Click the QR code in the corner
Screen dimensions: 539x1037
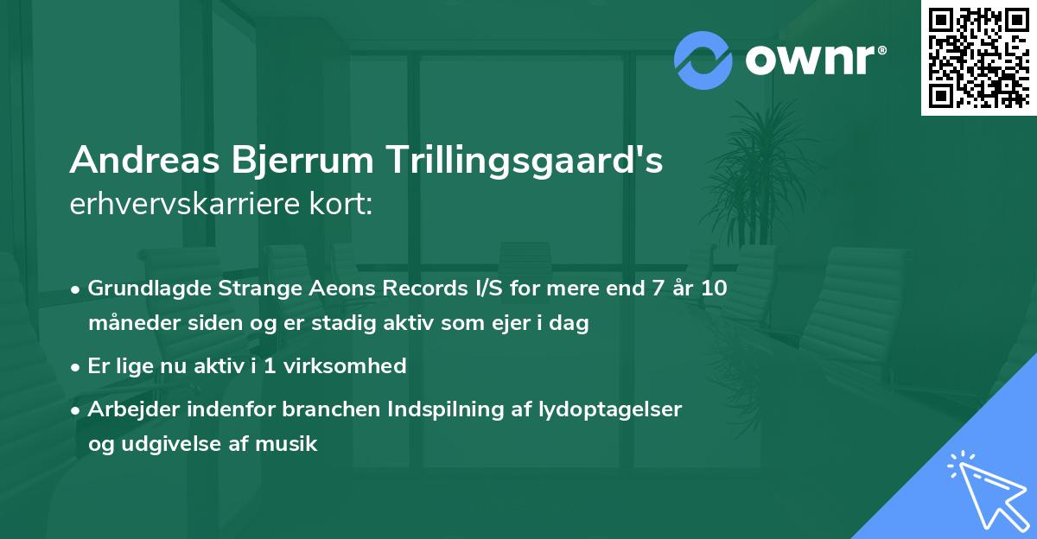pyautogui.click(x=978, y=57)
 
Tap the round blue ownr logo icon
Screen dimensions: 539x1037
pyautogui.click(x=703, y=60)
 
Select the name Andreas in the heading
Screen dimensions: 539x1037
pyautogui.click(x=143, y=161)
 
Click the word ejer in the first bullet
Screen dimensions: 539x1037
pyautogui.click(x=512, y=324)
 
